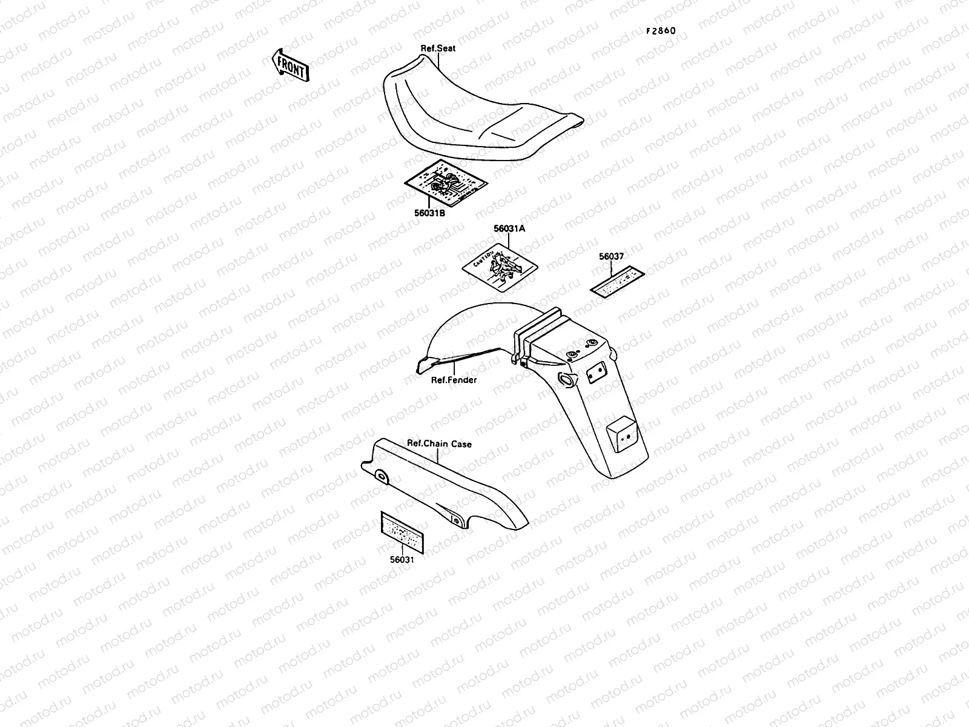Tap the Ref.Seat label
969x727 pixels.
point(438,48)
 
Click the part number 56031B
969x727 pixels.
point(430,213)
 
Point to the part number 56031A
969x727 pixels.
point(509,228)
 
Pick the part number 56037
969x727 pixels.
point(611,256)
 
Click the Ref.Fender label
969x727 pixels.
point(454,380)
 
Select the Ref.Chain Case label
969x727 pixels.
point(439,443)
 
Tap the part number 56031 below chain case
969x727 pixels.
point(402,560)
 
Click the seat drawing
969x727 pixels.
point(472,115)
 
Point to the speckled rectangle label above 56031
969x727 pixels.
point(402,531)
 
